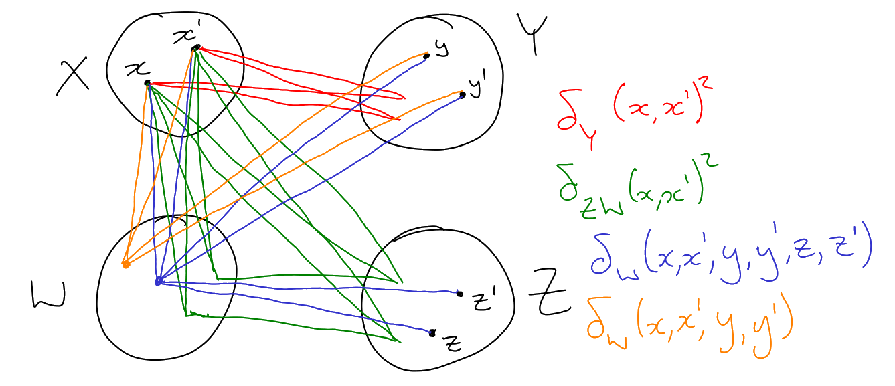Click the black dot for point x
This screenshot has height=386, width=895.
point(147,83)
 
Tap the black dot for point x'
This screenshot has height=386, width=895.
point(195,47)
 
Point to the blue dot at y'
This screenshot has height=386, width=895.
point(462,96)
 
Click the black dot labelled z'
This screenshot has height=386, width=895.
point(459,293)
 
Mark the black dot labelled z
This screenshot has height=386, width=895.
point(432,333)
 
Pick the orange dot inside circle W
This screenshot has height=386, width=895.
point(125,265)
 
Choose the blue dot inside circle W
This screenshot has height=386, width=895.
point(158,282)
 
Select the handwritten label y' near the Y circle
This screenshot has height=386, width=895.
point(476,88)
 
